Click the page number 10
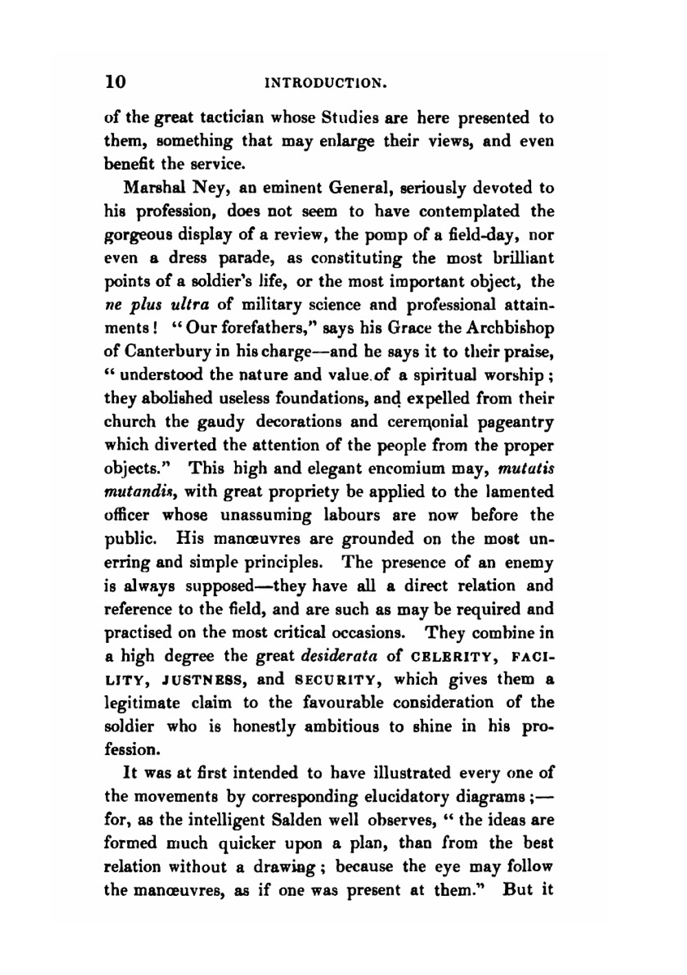coord(115,82)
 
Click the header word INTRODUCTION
coord(317,83)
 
